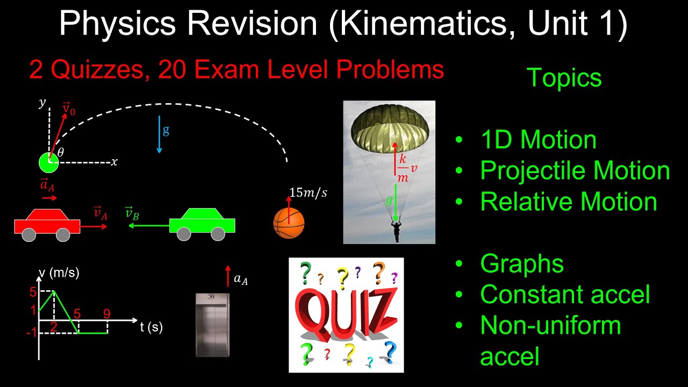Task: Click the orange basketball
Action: (x=289, y=223)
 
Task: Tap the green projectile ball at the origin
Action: (x=48, y=162)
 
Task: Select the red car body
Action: (x=47, y=224)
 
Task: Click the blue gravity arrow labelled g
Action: (x=160, y=134)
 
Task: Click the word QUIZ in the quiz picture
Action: (x=346, y=314)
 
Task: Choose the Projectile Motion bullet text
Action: (x=575, y=171)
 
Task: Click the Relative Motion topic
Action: (x=568, y=202)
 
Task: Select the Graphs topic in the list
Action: (x=521, y=264)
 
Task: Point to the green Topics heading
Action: (x=564, y=78)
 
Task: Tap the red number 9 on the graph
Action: (x=107, y=312)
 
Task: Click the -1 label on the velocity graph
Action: (x=31, y=333)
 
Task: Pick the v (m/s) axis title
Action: (x=59, y=273)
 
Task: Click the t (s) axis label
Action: (x=152, y=327)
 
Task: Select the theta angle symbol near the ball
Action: (x=60, y=153)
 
